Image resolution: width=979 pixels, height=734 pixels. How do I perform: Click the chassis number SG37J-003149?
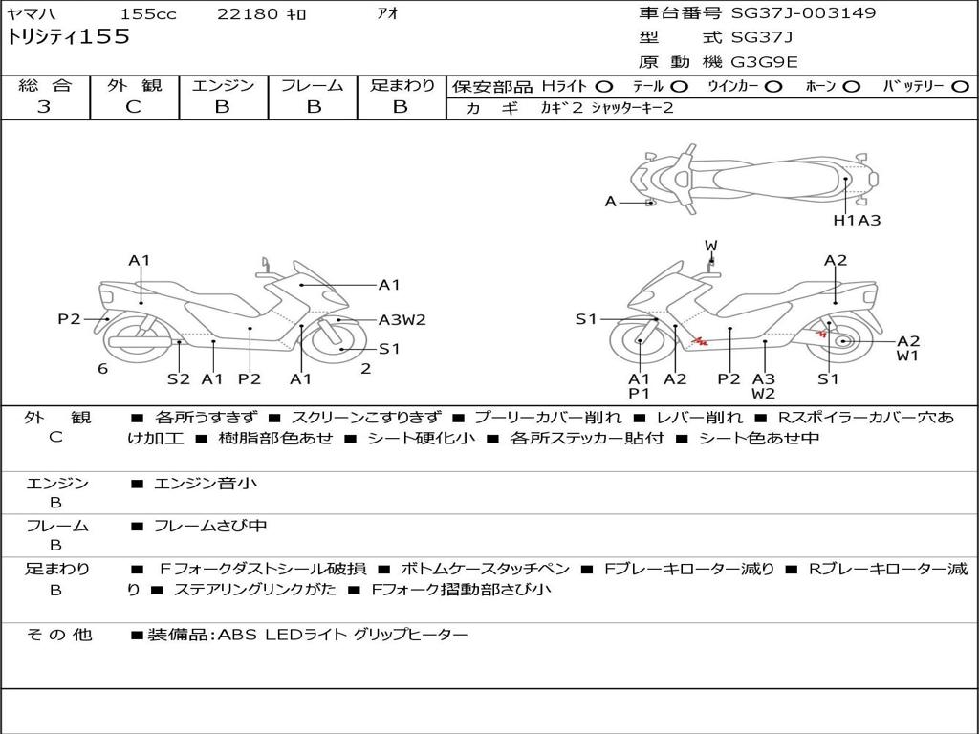coord(803,13)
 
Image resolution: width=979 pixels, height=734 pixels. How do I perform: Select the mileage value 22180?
coord(248,14)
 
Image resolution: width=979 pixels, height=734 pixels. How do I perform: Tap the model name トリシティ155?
coord(68,37)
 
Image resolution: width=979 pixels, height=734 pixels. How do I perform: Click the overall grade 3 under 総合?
coord(44,107)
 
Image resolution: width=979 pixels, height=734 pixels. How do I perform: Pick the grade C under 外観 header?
coord(134,107)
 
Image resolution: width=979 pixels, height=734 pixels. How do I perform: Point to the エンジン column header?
coord(223,86)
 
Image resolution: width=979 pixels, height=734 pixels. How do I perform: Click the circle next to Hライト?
coord(604,87)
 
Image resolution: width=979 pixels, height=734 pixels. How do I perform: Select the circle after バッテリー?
coord(960,87)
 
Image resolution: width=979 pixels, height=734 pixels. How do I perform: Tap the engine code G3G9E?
coord(764,62)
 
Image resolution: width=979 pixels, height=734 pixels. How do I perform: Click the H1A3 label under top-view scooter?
coord(857,221)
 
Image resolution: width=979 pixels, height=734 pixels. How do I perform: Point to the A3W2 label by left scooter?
coord(402,320)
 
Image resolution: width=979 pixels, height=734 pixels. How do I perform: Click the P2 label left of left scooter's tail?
coord(69,319)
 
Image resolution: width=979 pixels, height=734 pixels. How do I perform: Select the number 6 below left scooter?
coord(102,369)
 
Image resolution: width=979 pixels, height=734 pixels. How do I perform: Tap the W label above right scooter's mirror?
coord(710,246)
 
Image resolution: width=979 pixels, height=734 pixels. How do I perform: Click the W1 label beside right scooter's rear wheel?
coord(907,356)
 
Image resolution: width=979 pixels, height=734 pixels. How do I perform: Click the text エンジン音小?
coord(206,484)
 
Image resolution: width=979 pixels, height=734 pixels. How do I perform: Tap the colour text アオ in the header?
coord(388,14)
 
